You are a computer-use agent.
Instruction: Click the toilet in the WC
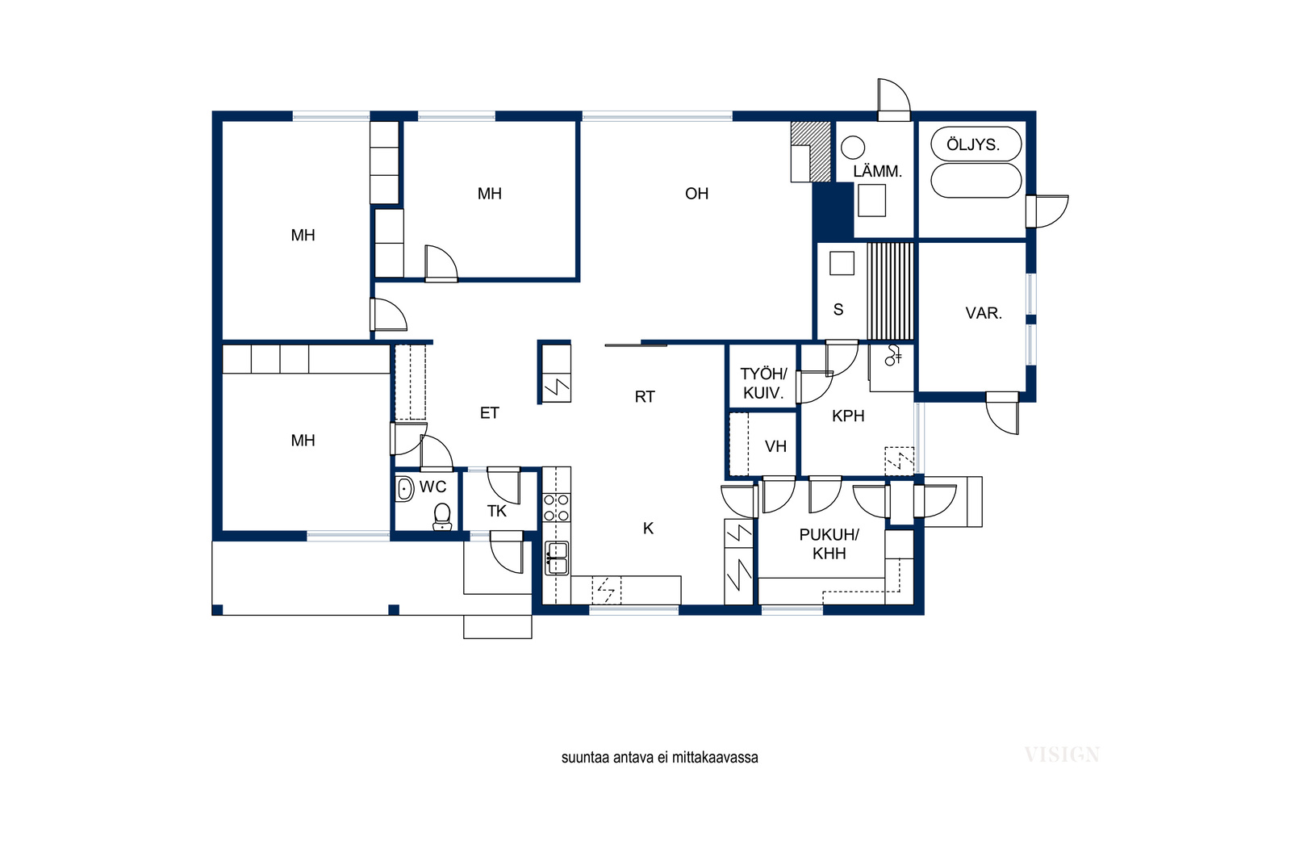[442, 516]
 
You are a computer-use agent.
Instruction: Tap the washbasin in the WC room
[404, 489]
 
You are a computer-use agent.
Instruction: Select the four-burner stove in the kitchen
[557, 508]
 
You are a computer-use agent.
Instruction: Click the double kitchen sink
[557, 558]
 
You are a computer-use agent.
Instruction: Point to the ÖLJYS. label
[973, 144]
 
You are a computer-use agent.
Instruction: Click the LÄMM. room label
[877, 171]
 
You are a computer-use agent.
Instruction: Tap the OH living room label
[696, 194]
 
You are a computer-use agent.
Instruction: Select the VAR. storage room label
[984, 314]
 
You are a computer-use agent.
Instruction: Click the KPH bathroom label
[848, 416]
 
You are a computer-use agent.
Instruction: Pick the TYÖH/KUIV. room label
[763, 384]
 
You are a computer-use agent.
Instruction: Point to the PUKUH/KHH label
[829, 544]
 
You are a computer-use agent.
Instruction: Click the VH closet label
[775, 446]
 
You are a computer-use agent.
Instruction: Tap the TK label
[496, 511]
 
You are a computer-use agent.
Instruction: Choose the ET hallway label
[489, 413]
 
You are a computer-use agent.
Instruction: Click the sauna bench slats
[891, 291]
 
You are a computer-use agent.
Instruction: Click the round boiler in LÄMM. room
[853, 148]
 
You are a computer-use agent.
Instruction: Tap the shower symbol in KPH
[892, 355]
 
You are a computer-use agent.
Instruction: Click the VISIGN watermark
[1062, 755]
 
